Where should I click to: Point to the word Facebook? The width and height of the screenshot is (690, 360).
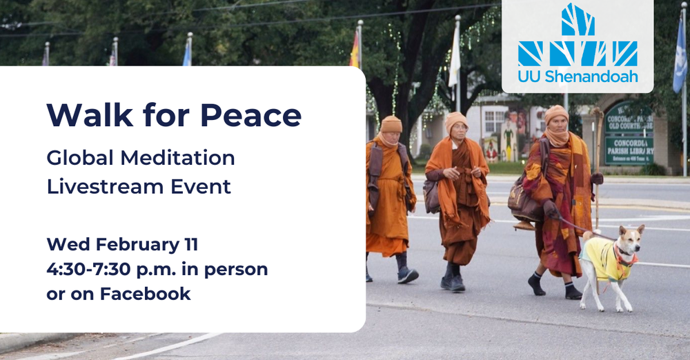click(x=145, y=294)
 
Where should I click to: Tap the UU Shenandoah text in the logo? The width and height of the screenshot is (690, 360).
click(x=578, y=77)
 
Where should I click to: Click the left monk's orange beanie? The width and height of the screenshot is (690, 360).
click(x=391, y=123)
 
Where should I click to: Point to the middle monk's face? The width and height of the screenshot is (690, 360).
click(x=457, y=128)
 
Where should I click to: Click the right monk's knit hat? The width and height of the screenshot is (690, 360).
click(x=556, y=112)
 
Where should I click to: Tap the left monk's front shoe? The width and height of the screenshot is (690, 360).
click(x=408, y=275)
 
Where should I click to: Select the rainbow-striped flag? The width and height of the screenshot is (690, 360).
click(x=355, y=50)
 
